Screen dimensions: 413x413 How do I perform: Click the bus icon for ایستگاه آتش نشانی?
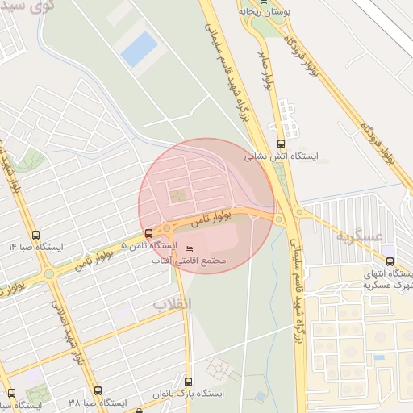281,144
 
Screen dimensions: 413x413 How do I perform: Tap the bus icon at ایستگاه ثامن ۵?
147,233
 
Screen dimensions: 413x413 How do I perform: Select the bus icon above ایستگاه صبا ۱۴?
34,235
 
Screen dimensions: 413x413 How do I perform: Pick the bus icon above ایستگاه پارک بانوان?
188,382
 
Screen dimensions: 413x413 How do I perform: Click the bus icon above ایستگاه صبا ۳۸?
98,390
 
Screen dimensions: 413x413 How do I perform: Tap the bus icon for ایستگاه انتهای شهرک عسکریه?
390,261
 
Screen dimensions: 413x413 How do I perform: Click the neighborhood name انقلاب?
172,304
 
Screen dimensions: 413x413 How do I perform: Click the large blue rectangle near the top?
139,48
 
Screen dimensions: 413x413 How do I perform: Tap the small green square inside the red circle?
177,194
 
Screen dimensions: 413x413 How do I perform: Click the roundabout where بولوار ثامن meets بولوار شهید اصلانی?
49,273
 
